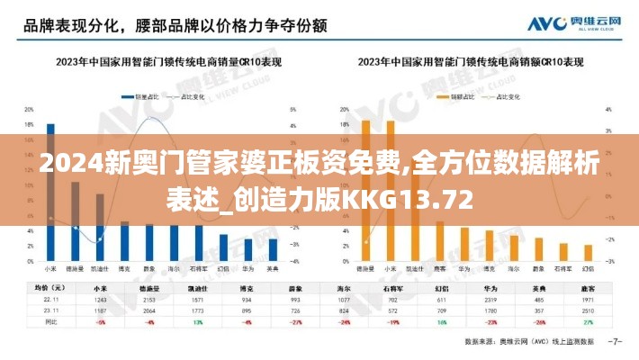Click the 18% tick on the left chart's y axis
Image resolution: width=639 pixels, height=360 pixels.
(x=30, y=124)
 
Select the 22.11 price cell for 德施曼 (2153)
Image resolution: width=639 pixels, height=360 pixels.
(x=149, y=299)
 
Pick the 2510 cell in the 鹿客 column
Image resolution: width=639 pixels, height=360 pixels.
(x=589, y=310)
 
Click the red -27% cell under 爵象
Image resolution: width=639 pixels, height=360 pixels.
(x=295, y=320)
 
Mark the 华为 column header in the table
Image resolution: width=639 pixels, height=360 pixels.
(x=490, y=287)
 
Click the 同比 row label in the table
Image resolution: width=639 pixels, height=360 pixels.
(x=40, y=320)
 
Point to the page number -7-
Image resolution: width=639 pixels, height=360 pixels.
(x=615, y=342)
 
